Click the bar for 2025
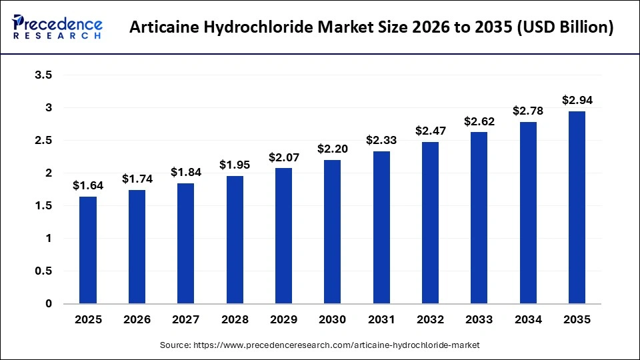(88, 250)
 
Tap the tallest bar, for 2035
(577, 207)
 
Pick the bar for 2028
(235, 240)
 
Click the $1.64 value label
(88, 186)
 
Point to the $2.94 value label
(577, 101)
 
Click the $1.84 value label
(186, 173)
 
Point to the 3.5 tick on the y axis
(43, 75)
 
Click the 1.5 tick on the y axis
(43, 206)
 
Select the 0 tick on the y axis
(49, 304)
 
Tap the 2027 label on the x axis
(186, 320)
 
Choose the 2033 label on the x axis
(479, 320)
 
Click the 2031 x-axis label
(381, 320)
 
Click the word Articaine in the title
(159, 28)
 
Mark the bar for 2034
(528, 213)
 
